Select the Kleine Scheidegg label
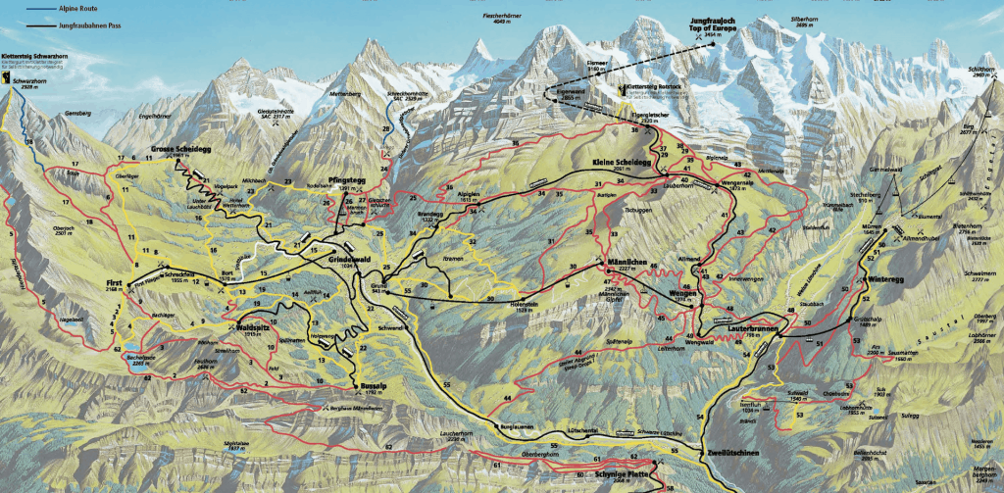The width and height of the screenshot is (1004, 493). click(x=622, y=163)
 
